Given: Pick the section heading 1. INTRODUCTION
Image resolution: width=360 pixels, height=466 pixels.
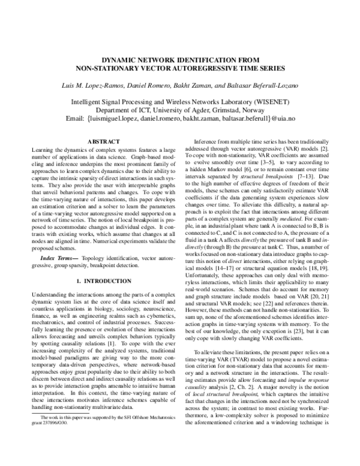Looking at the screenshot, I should click(97, 281).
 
